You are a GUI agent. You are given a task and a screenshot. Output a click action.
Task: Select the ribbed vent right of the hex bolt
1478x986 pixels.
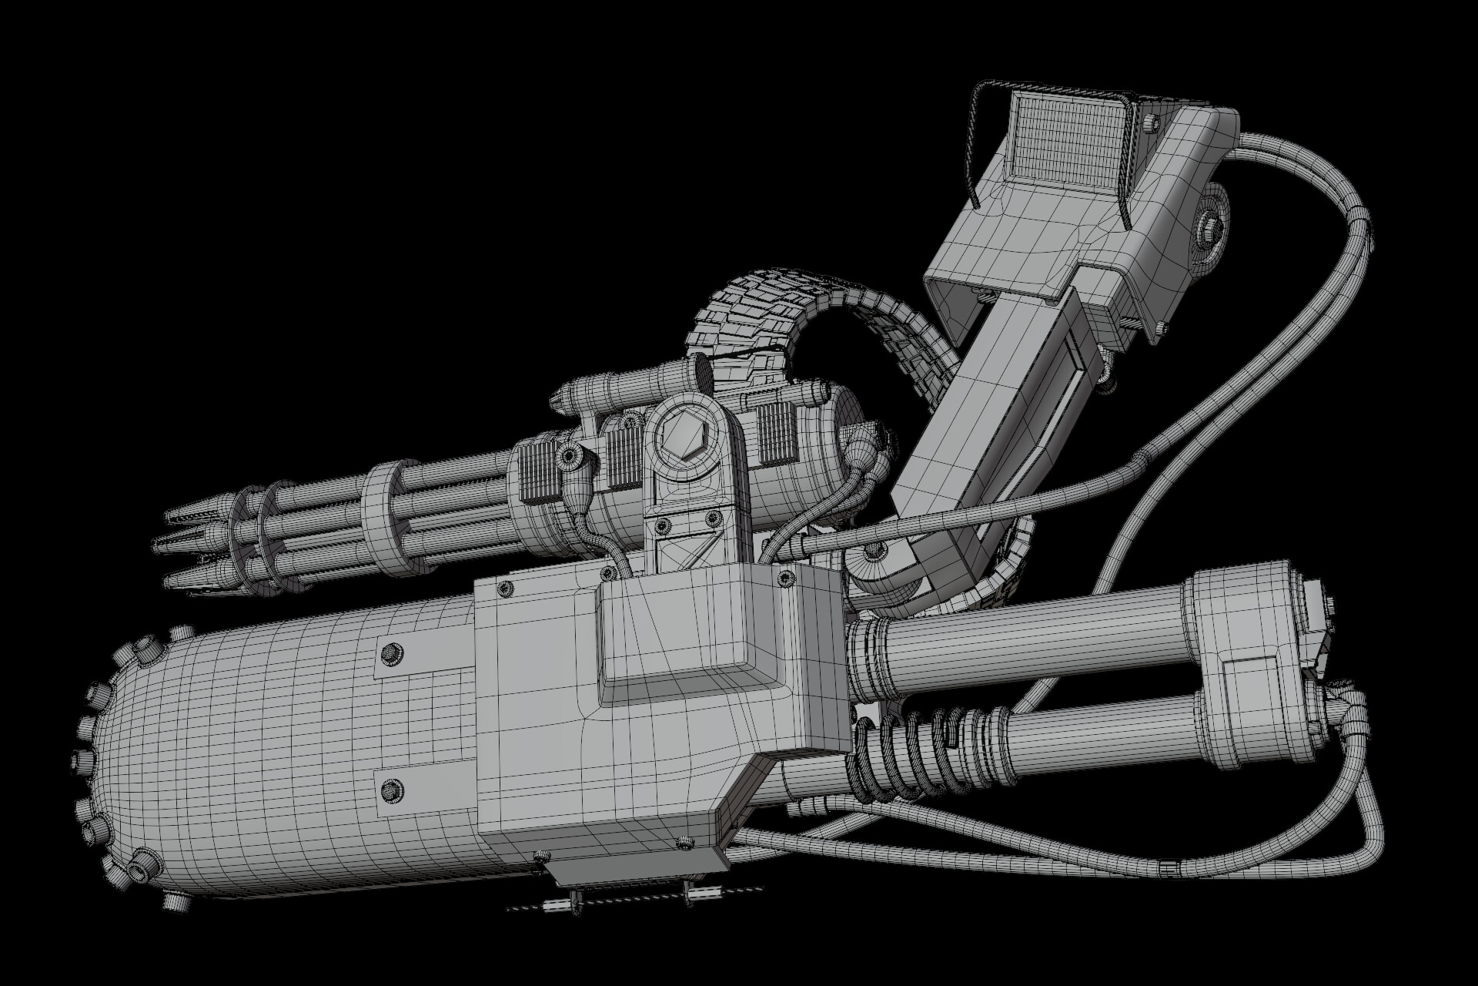[774, 436]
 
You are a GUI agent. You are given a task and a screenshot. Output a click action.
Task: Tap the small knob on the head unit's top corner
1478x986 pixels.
[1149, 122]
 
